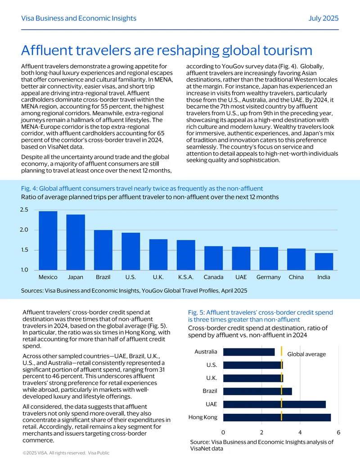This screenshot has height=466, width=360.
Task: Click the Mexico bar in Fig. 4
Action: [48, 240]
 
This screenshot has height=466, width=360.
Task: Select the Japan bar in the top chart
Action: [76, 242]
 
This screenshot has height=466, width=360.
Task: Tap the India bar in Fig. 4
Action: [324, 262]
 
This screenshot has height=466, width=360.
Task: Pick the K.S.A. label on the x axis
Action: [186, 277]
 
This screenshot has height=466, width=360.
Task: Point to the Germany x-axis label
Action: [269, 277]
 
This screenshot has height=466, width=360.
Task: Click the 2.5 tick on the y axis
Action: [24, 210]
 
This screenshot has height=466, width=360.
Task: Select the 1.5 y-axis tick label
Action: [24, 250]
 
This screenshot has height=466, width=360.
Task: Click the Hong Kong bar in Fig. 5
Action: [277, 417]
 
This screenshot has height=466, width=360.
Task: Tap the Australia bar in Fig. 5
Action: [249, 352]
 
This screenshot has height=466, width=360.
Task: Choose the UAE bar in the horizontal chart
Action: [274, 404]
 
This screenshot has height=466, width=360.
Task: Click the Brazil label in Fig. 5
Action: [210, 391]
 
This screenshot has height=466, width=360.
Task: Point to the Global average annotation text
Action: [306, 354]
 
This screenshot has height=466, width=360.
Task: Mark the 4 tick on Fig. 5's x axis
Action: [300, 432]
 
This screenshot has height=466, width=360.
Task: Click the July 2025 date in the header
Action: [324, 18]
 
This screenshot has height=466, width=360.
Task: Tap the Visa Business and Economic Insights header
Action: [79, 18]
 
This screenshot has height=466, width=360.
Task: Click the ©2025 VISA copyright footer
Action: [66, 453]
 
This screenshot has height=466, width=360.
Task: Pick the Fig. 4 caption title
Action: [142, 188]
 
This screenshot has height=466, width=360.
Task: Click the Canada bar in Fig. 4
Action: [214, 258]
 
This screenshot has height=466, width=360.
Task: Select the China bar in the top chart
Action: [296, 259]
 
